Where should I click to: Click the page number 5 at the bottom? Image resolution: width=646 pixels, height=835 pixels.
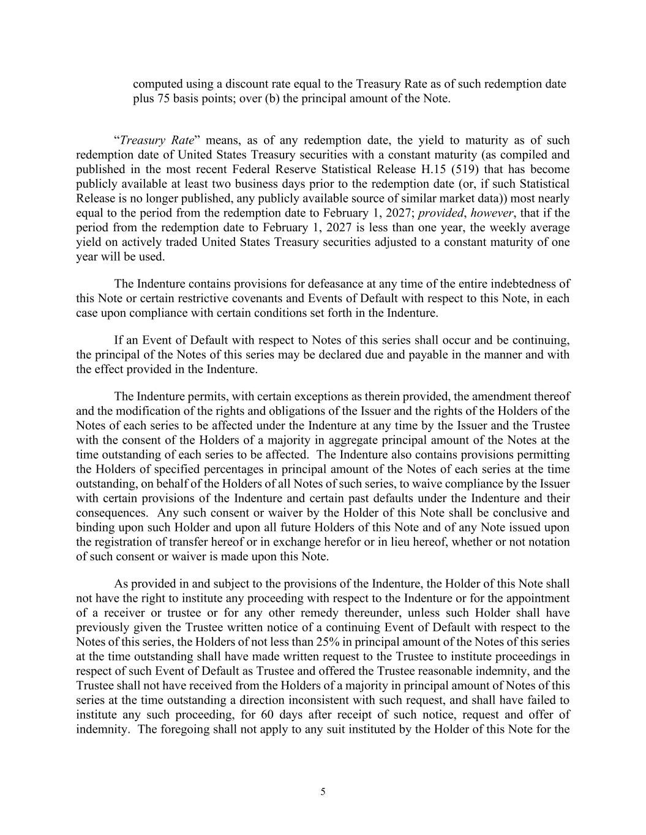(323, 792)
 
